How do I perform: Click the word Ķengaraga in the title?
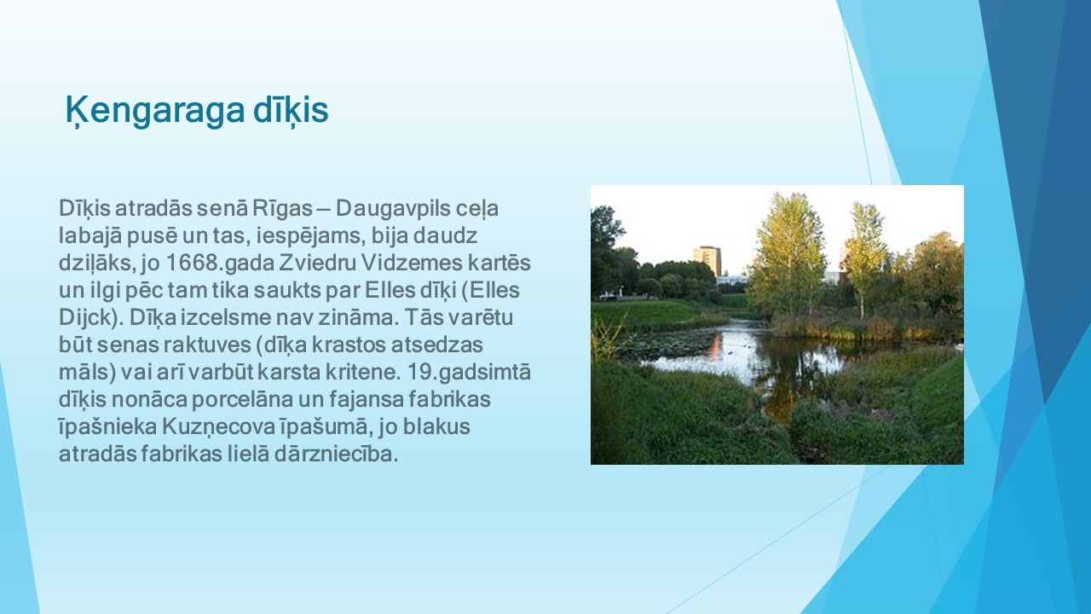(x=155, y=111)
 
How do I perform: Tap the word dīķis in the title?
(x=291, y=111)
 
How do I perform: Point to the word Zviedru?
(x=317, y=264)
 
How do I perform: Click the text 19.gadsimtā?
(x=469, y=373)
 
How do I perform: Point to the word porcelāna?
(x=241, y=400)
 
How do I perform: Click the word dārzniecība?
(x=336, y=455)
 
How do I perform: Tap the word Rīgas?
(x=282, y=209)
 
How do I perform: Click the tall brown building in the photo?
(x=707, y=261)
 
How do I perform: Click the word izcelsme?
(x=222, y=318)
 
